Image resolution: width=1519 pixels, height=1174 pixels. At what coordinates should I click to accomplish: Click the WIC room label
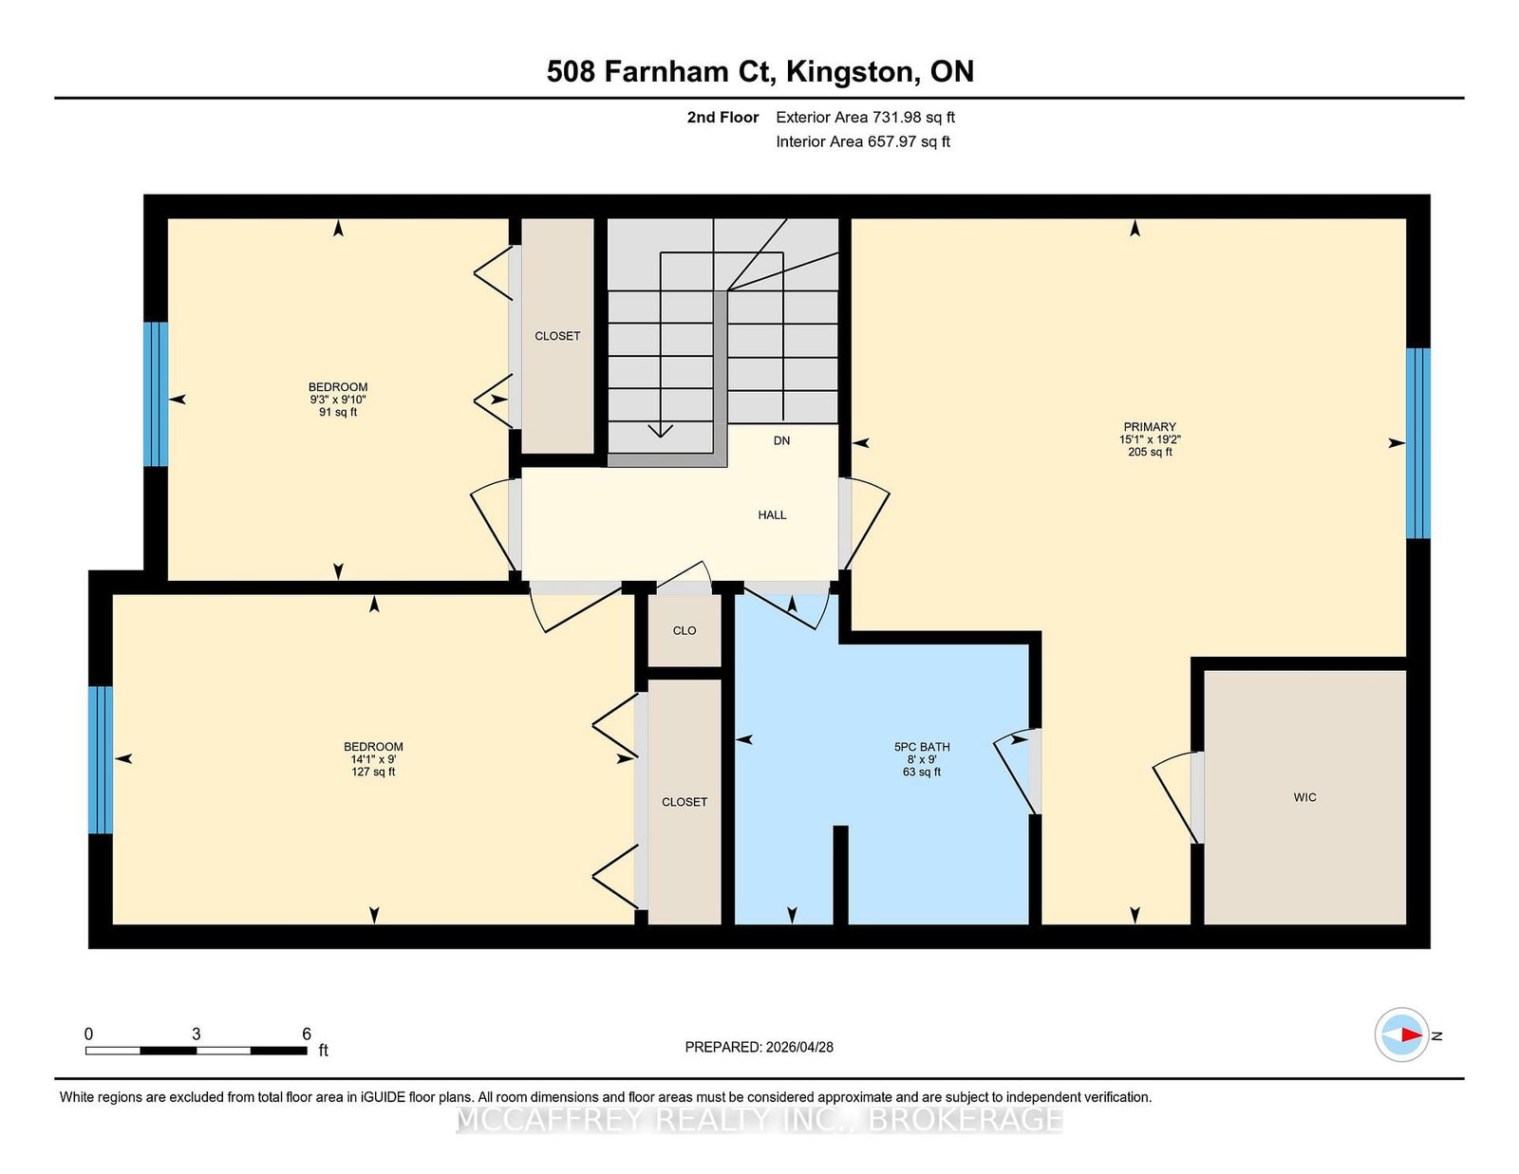pyautogui.click(x=1304, y=797)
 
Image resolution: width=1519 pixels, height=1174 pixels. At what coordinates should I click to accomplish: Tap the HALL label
pyautogui.click(x=772, y=515)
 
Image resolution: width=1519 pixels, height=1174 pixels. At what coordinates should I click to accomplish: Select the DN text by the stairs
pyautogui.click(x=781, y=440)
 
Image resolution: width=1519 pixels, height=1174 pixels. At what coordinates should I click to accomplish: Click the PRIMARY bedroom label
pyautogui.click(x=1149, y=427)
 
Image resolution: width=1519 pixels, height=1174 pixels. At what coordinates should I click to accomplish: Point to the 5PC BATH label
pyautogui.click(x=921, y=746)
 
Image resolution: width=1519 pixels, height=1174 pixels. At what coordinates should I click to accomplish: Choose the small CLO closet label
pyautogui.click(x=684, y=630)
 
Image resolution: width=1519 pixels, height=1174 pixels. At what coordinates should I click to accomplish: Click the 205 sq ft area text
pyautogui.click(x=1149, y=452)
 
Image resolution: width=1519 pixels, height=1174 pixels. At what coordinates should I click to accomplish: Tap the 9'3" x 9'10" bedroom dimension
pyautogui.click(x=338, y=400)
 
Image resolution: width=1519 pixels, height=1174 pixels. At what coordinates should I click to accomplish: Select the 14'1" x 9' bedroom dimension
pyautogui.click(x=373, y=759)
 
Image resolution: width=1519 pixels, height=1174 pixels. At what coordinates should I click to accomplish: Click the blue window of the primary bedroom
pyautogui.click(x=1417, y=443)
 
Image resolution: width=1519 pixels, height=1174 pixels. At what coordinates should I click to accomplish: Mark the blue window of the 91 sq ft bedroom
pyautogui.click(x=156, y=394)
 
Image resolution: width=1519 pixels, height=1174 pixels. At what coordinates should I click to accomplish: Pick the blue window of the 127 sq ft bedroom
pyautogui.click(x=101, y=759)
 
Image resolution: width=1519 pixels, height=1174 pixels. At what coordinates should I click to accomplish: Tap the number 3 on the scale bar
pyautogui.click(x=197, y=1034)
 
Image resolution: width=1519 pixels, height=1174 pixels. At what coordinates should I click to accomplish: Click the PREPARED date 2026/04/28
pyautogui.click(x=799, y=1047)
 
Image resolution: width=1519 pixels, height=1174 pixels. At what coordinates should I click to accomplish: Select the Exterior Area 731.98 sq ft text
pyautogui.click(x=865, y=118)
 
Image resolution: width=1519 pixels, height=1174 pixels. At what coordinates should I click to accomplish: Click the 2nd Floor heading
pyautogui.click(x=722, y=118)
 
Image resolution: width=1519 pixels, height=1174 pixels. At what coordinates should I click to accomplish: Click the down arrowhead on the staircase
pyautogui.click(x=660, y=431)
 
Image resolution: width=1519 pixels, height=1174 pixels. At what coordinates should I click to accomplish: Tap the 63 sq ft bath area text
pyautogui.click(x=921, y=772)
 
